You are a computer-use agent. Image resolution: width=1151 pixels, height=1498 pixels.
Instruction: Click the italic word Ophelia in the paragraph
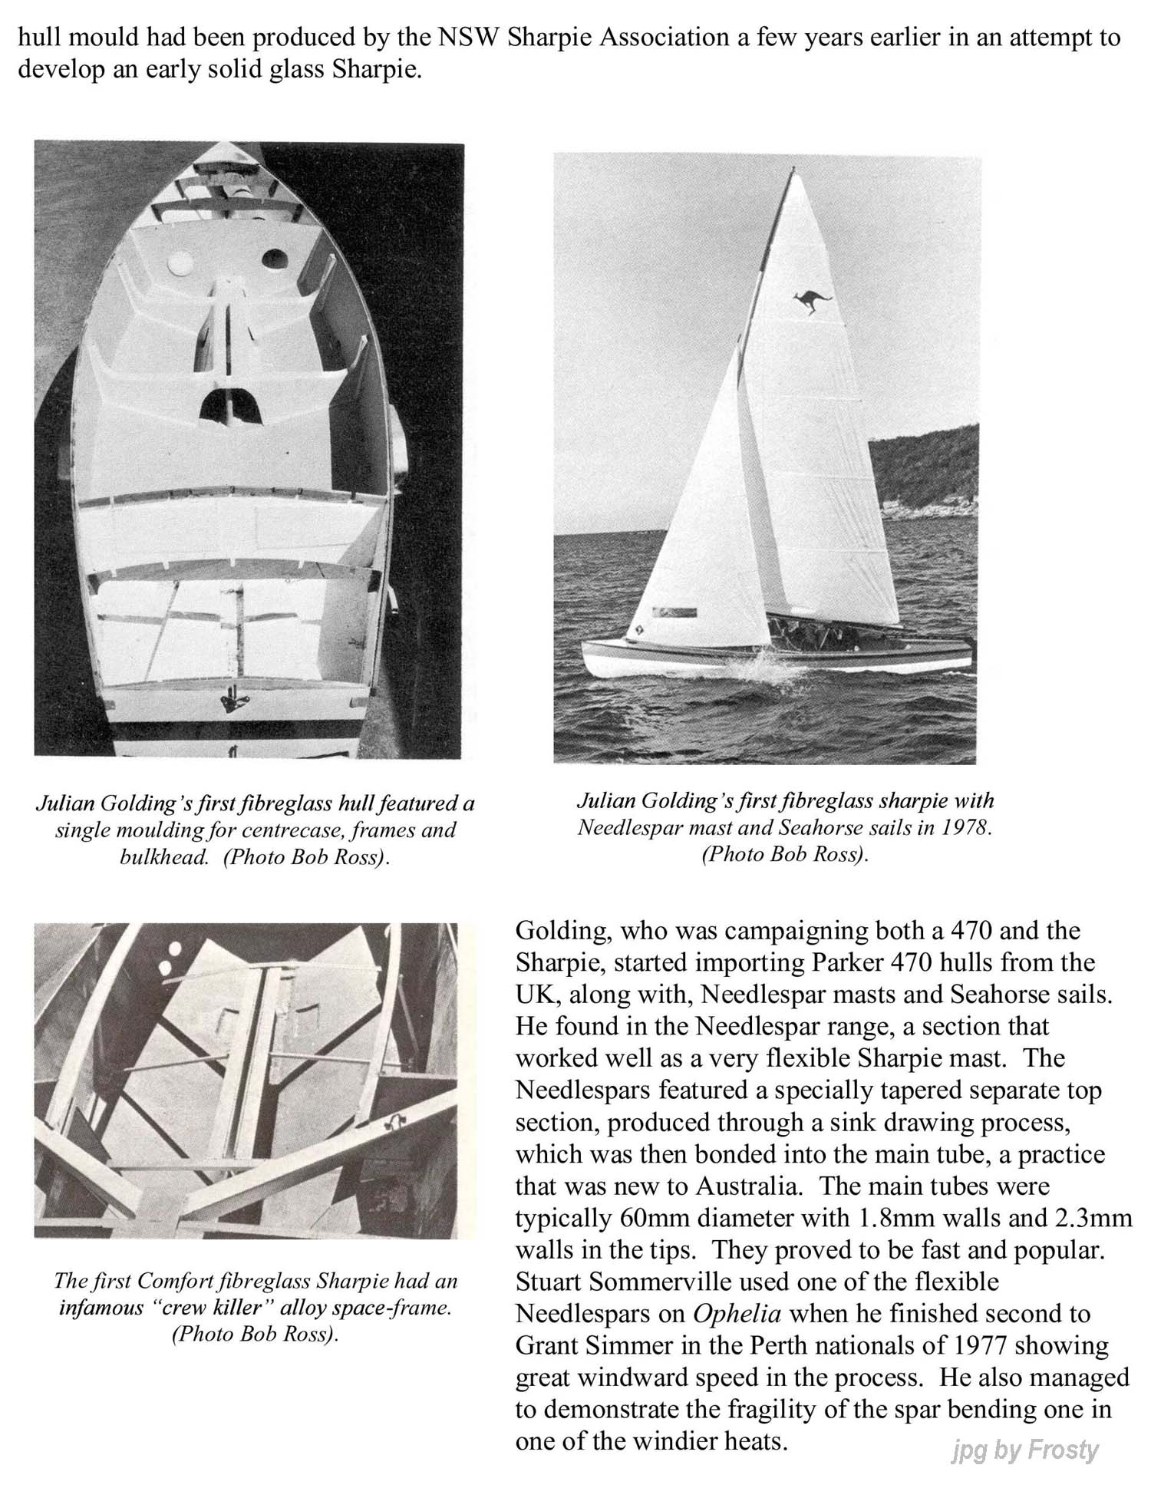coord(737,1313)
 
